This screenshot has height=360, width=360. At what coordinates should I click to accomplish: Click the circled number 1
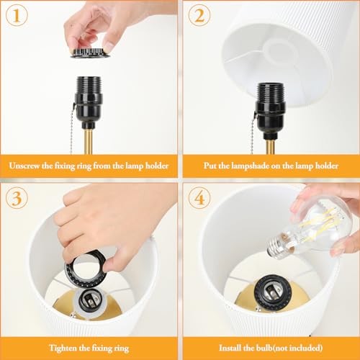tap(17, 16)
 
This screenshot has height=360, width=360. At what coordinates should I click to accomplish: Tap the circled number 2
tap(199, 16)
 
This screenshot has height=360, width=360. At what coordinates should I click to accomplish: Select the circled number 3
tap(17, 199)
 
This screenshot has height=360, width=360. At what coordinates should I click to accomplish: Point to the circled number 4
tap(199, 199)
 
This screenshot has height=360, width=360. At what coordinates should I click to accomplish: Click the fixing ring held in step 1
tap(90, 53)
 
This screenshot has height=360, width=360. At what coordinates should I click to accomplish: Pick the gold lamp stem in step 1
tap(89, 142)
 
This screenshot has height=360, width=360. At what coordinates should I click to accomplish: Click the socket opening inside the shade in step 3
tap(89, 300)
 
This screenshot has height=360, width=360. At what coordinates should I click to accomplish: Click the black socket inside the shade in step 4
tap(272, 292)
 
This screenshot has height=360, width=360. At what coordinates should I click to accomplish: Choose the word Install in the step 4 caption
tap(230, 348)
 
